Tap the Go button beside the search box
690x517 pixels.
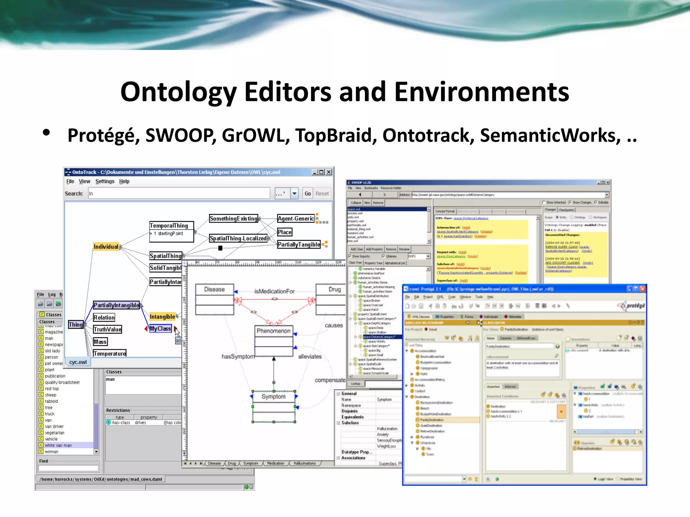(307, 194)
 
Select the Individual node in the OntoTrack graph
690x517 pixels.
(106, 247)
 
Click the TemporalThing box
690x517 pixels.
(169, 226)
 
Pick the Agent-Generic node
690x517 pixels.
(295, 218)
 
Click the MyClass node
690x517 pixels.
(160, 329)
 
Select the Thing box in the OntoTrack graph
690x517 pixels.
(75, 324)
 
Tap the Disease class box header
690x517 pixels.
(214, 289)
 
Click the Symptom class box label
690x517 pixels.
(274, 397)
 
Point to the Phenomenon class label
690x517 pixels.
(274, 331)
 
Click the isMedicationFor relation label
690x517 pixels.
(274, 291)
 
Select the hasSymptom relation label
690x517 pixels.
(238, 356)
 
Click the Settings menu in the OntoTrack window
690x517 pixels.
(105, 181)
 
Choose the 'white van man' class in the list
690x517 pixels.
(58, 445)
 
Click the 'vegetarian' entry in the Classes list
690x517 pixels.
(55, 433)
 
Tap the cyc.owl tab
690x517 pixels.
(78, 362)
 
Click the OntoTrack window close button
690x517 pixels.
(329, 172)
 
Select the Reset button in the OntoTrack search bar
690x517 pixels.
(322, 194)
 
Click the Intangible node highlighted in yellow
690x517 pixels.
(162, 317)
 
